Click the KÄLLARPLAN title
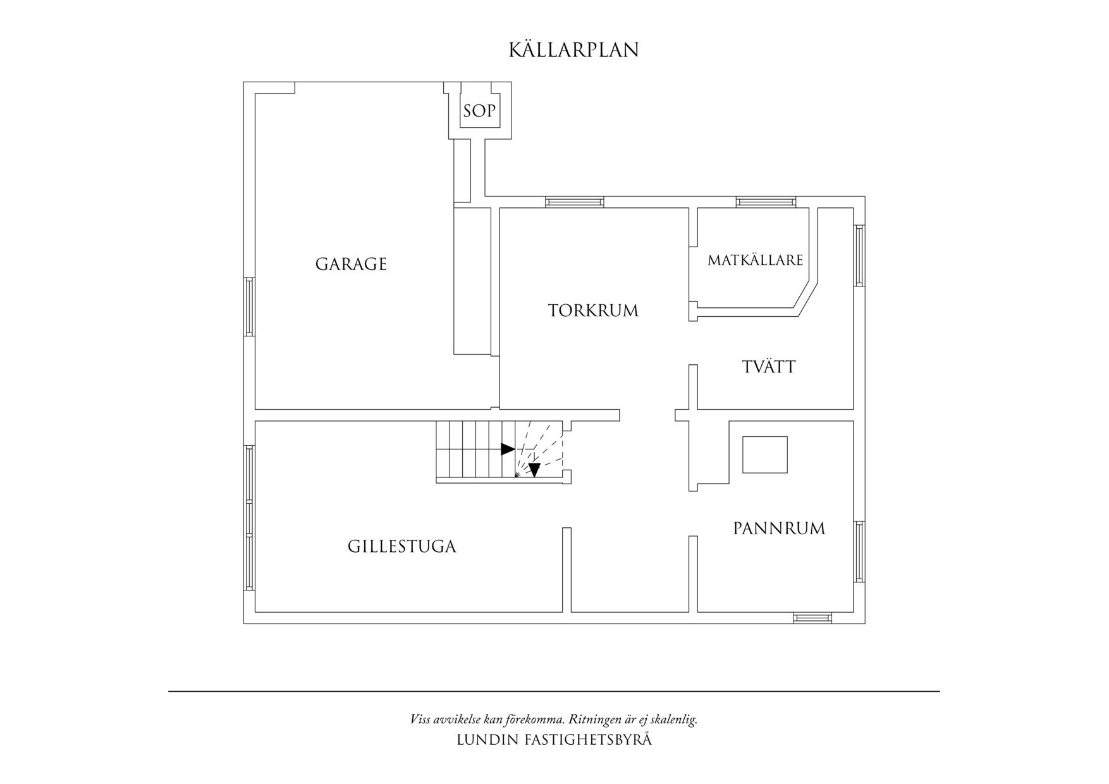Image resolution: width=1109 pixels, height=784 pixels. [x=573, y=50]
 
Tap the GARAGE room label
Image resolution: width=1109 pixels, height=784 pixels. [x=351, y=264]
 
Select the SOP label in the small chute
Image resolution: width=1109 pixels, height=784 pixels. [x=479, y=111]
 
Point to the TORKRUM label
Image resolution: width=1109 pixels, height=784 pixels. [x=593, y=311]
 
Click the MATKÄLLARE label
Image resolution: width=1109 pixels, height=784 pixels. [x=755, y=260]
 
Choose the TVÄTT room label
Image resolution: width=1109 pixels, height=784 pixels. [x=768, y=367]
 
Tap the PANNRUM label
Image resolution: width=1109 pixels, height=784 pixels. [x=779, y=529]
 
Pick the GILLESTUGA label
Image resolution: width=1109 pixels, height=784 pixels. [x=401, y=546]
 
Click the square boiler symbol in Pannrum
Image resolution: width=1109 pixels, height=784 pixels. [x=764, y=455]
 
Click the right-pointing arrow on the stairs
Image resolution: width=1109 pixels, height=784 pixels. [x=507, y=449]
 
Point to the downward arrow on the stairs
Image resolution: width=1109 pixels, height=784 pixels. [x=534, y=470]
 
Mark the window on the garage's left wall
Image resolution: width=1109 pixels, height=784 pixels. [x=249, y=306]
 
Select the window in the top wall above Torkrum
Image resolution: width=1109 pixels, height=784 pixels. [x=574, y=202]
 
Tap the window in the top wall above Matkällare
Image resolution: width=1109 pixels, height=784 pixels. [x=765, y=202]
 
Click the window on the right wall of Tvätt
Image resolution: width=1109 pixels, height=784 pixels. [x=859, y=255]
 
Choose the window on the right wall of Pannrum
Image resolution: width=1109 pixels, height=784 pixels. [x=859, y=551]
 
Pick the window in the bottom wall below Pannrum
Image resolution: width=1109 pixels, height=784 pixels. [x=812, y=618]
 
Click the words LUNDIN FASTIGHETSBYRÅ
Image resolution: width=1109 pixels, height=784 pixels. [x=554, y=740]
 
